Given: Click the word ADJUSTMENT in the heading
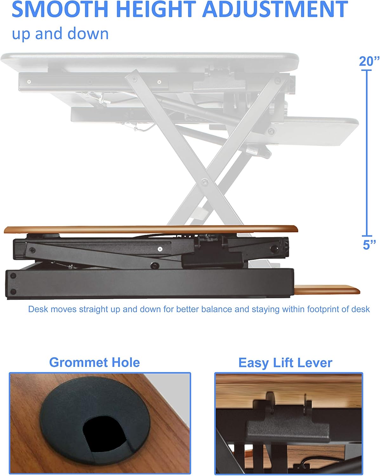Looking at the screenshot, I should click(x=275, y=10).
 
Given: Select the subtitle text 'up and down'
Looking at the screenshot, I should click(x=60, y=34).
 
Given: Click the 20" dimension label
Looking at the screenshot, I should click(x=369, y=61).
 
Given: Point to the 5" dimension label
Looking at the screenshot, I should click(x=369, y=245).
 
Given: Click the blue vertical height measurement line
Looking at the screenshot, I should click(x=367, y=152).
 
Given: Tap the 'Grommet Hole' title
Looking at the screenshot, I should click(x=95, y=362).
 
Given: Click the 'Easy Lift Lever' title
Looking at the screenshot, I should click(x=285, y=362).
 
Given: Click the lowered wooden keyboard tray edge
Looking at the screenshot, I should click(x=327, y=289).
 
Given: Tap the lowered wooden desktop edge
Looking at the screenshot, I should click(x=151, y=229).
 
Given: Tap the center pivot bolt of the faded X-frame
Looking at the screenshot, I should click(x=205, y=182).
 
